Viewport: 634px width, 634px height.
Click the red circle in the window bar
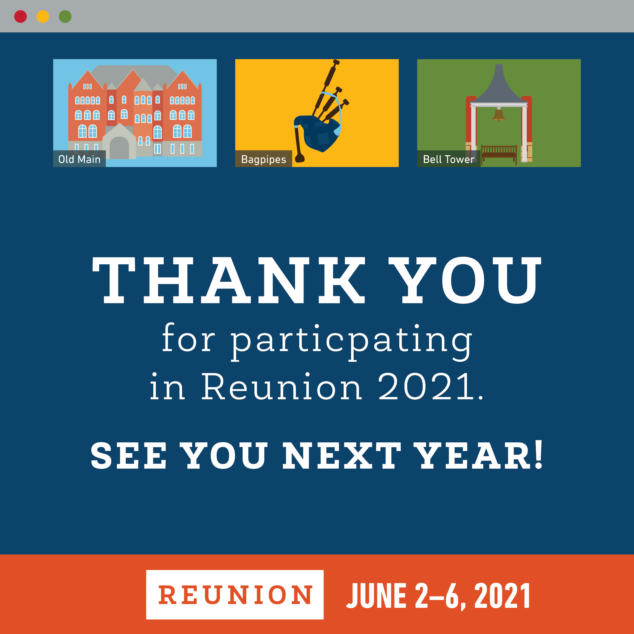pos(20,16)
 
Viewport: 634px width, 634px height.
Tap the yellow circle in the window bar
pos(43,16)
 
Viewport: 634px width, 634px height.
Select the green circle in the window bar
pos(65,16)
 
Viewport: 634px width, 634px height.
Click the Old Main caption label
pos(79,159)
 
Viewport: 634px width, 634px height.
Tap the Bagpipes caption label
pos(263,159)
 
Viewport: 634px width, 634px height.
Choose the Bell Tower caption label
pos(449,159)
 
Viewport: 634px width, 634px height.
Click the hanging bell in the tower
pos(498,115)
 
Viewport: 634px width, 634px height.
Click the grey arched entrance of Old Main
pos(119,148)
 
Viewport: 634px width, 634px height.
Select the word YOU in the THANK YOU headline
pos(465,280)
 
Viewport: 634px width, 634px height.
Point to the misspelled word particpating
pos(351,341)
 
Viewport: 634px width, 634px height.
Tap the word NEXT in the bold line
pos(342,455)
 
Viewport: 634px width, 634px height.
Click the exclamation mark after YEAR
pos(538,454)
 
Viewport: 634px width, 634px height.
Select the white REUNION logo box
pos(235,595)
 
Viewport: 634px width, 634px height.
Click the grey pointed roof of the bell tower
pos(499,87)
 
